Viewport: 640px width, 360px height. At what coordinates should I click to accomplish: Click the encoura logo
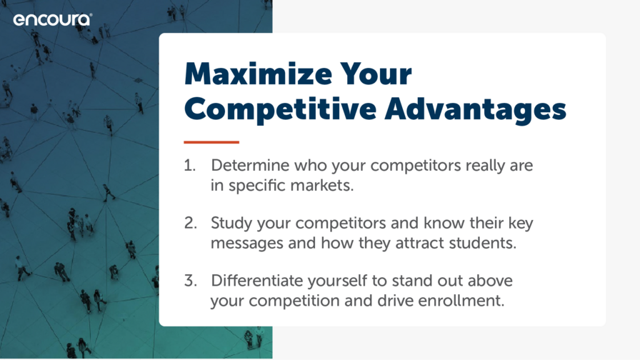coord(53,19)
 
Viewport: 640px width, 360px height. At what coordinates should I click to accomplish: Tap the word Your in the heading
coord(376,74)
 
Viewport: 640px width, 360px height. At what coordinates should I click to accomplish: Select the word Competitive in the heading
coord(281,109)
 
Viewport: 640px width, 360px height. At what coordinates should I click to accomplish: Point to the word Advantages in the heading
coord(476,109)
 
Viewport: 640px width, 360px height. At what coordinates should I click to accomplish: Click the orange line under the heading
coord(211,142)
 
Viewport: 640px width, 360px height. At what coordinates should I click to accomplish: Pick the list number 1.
coord(190,165)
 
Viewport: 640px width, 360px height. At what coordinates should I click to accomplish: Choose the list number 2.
coord(191,223)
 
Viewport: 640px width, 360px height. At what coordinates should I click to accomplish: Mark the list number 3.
coord(191,281)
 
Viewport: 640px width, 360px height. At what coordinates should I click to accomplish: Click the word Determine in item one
coord(250,165)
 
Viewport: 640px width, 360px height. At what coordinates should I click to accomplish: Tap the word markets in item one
coord(322,185)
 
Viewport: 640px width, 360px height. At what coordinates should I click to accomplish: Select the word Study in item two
coord(231,224)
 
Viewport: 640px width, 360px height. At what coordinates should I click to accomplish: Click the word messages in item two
coord(247,244)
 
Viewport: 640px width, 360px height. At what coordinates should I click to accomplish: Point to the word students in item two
coord(483,243)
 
